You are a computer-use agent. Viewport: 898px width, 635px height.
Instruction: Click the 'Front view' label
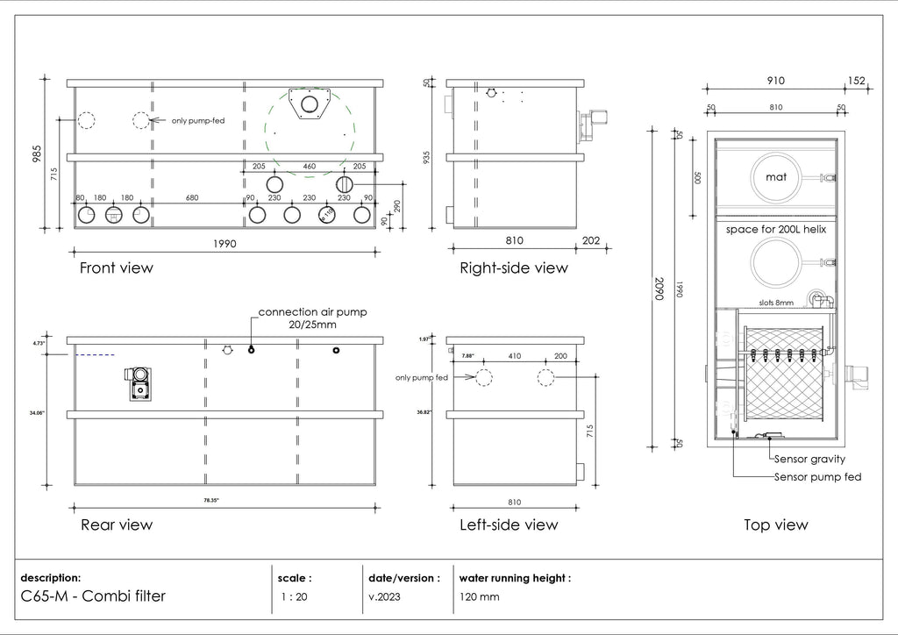(116, 268)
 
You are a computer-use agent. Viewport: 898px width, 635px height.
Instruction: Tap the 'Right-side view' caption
(513, 268)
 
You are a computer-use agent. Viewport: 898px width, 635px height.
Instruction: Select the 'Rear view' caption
(116, 525)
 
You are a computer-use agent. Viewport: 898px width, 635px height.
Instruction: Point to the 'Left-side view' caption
(509, 525)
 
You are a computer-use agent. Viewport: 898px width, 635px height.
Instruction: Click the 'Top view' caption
(775, 525)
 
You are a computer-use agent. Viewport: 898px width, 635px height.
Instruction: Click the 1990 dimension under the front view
(224, 244)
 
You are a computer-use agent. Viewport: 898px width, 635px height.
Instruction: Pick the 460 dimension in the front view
(310, 166)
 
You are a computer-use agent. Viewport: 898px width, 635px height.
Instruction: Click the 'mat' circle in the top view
(776, 177)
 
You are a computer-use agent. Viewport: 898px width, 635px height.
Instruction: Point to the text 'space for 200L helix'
(775, 230)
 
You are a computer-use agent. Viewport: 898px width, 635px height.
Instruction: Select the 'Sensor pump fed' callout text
(817, 477)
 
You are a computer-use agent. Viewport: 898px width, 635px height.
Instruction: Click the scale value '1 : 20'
(294, 597)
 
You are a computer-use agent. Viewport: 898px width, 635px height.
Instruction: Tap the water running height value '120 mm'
(479, 597)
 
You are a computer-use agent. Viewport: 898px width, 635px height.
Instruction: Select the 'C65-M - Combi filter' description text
(93, 596)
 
